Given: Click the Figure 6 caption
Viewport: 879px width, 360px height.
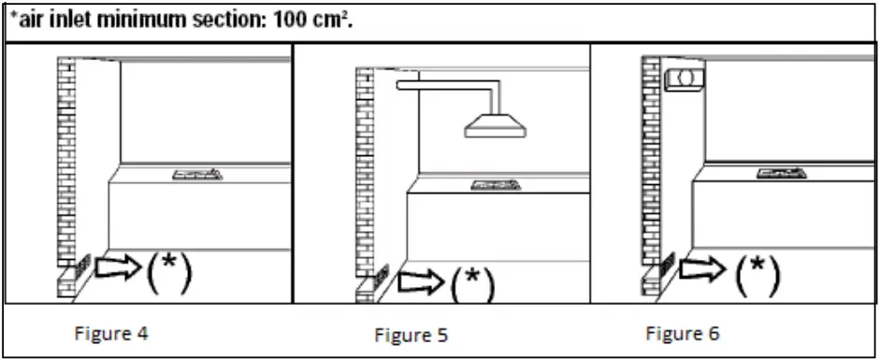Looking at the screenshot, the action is (682, 333).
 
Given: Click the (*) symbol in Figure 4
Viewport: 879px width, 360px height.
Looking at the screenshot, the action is (169, 272).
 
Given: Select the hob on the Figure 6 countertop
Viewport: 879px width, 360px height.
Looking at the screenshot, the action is (786, 172).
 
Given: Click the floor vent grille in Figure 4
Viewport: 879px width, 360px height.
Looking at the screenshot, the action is (83, 266).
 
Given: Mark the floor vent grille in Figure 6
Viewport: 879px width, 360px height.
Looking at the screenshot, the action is (668, 266).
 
